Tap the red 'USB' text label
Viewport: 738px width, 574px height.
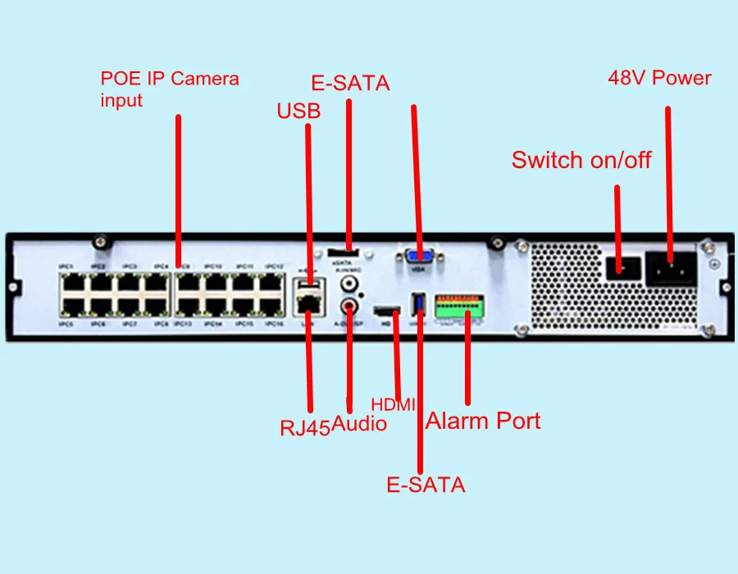[x=298, y=110]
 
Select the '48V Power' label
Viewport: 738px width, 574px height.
[x=659, y=79]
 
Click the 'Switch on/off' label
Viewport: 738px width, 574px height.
[x=581, y=160]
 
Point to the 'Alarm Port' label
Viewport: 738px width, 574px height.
[x=483, y=421]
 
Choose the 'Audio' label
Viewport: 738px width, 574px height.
[x=359, y=424]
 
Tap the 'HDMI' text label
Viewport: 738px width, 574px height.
[x=394, y=404]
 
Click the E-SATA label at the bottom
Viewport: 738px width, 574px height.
[x=426, y=485]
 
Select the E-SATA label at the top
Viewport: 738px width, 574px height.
[x=350, y=84]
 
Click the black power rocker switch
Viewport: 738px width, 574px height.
[x=620, y=266]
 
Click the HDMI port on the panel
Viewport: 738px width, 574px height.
[x=386, y=312]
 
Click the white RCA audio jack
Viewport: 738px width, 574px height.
[x=352, y=285]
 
